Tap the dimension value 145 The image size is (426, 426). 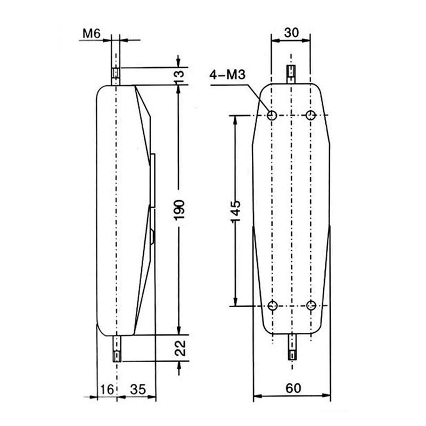pyautogui.click(x=236, y=211)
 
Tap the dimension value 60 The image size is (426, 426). pyautogui.click(x=291, y=388)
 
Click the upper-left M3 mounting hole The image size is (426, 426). pyautogui.click(x=272, y=114)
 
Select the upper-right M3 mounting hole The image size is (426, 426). pyautogui.click(x=311, y=114)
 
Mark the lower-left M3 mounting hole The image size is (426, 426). pyautogui.click(x=272, y=306)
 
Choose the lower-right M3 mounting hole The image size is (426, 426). pyautogui.click(x=312, y=306)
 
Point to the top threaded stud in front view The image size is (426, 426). pyautogui.click(x=291, y=72)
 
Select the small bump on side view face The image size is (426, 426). pyautogui.click(x=153, y=236)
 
